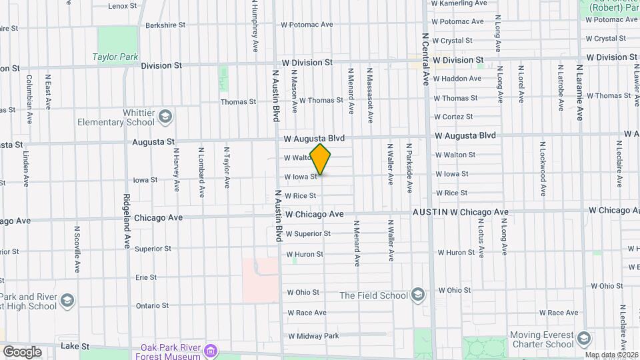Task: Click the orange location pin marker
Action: [x=321, y=159]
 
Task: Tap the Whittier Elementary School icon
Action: [x=165, y=118]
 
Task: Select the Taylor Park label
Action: [x=115, y=57]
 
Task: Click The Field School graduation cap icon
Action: [x=417, y=295]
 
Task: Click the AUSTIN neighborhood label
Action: [x=429, y=212]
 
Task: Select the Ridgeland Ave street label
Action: [x=126, y=221]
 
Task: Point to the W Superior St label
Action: [x=308, y=234]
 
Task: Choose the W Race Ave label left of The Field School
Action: [x=306, y=313]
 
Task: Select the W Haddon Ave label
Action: [x=457, y=79]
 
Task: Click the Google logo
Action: [x=21, y=351]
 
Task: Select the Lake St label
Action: [x=69, y=346]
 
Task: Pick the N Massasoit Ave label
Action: [x=369, y=94]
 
